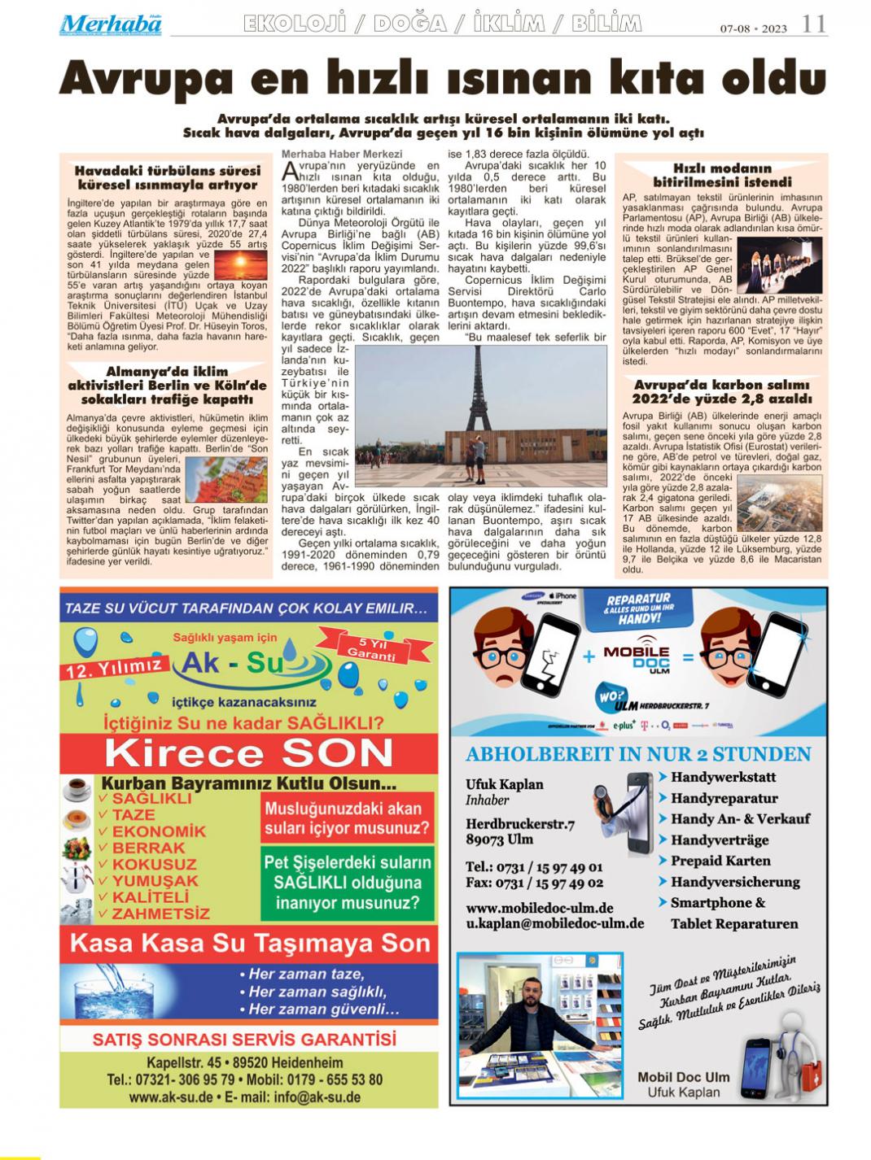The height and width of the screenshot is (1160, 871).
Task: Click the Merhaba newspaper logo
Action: coord(110,24)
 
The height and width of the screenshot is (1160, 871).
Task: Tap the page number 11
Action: coord(813,24)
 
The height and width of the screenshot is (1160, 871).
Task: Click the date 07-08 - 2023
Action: coord(753,29)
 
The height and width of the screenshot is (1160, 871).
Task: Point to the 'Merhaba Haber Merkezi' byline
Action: coord(342,154)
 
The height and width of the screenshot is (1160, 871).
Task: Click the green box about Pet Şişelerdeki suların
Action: coord(348,883)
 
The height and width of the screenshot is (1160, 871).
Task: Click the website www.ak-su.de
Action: coord(171,1097)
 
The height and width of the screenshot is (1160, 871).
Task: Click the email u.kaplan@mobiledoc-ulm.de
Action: coord(554,924)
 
